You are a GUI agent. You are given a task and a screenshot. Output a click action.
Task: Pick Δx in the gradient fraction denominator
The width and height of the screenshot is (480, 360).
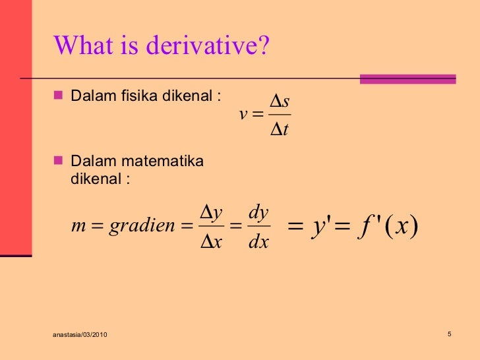click(210, 242)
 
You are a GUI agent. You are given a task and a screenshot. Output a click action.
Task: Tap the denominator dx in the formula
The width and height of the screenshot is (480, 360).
click(258, 242)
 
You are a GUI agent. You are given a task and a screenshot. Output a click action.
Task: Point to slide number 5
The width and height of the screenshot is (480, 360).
click(448, 334)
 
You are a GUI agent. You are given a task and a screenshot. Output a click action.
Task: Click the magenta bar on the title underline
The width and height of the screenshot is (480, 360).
click(407, 79)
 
